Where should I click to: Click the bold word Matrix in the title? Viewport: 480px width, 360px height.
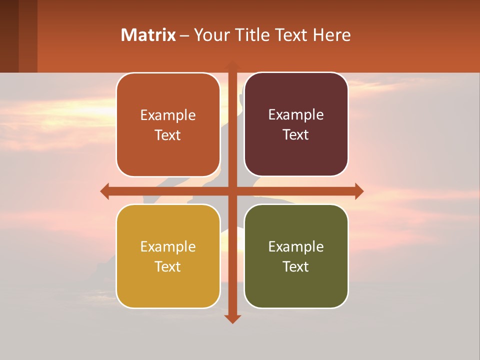click(148, 35)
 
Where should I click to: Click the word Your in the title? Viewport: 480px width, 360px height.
click(209, 35)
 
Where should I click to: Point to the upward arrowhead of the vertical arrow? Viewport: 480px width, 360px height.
click(232, 65)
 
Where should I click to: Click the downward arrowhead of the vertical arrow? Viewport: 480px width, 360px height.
click(232, 318)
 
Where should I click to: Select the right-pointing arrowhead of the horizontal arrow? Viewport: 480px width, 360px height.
click(358, 191)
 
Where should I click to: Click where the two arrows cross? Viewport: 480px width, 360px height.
click(232, 191)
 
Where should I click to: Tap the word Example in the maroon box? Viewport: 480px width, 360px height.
click(296, 115)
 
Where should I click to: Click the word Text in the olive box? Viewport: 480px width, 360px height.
click(296, 266)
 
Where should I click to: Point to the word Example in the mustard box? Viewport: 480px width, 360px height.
click(168, 246)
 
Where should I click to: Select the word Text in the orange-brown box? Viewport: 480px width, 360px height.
click(168, 135)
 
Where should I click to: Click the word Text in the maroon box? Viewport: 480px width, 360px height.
click(296, 135)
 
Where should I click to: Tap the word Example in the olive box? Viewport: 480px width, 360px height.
click(296, 246)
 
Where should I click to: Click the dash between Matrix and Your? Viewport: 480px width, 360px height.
click(184, 35)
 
